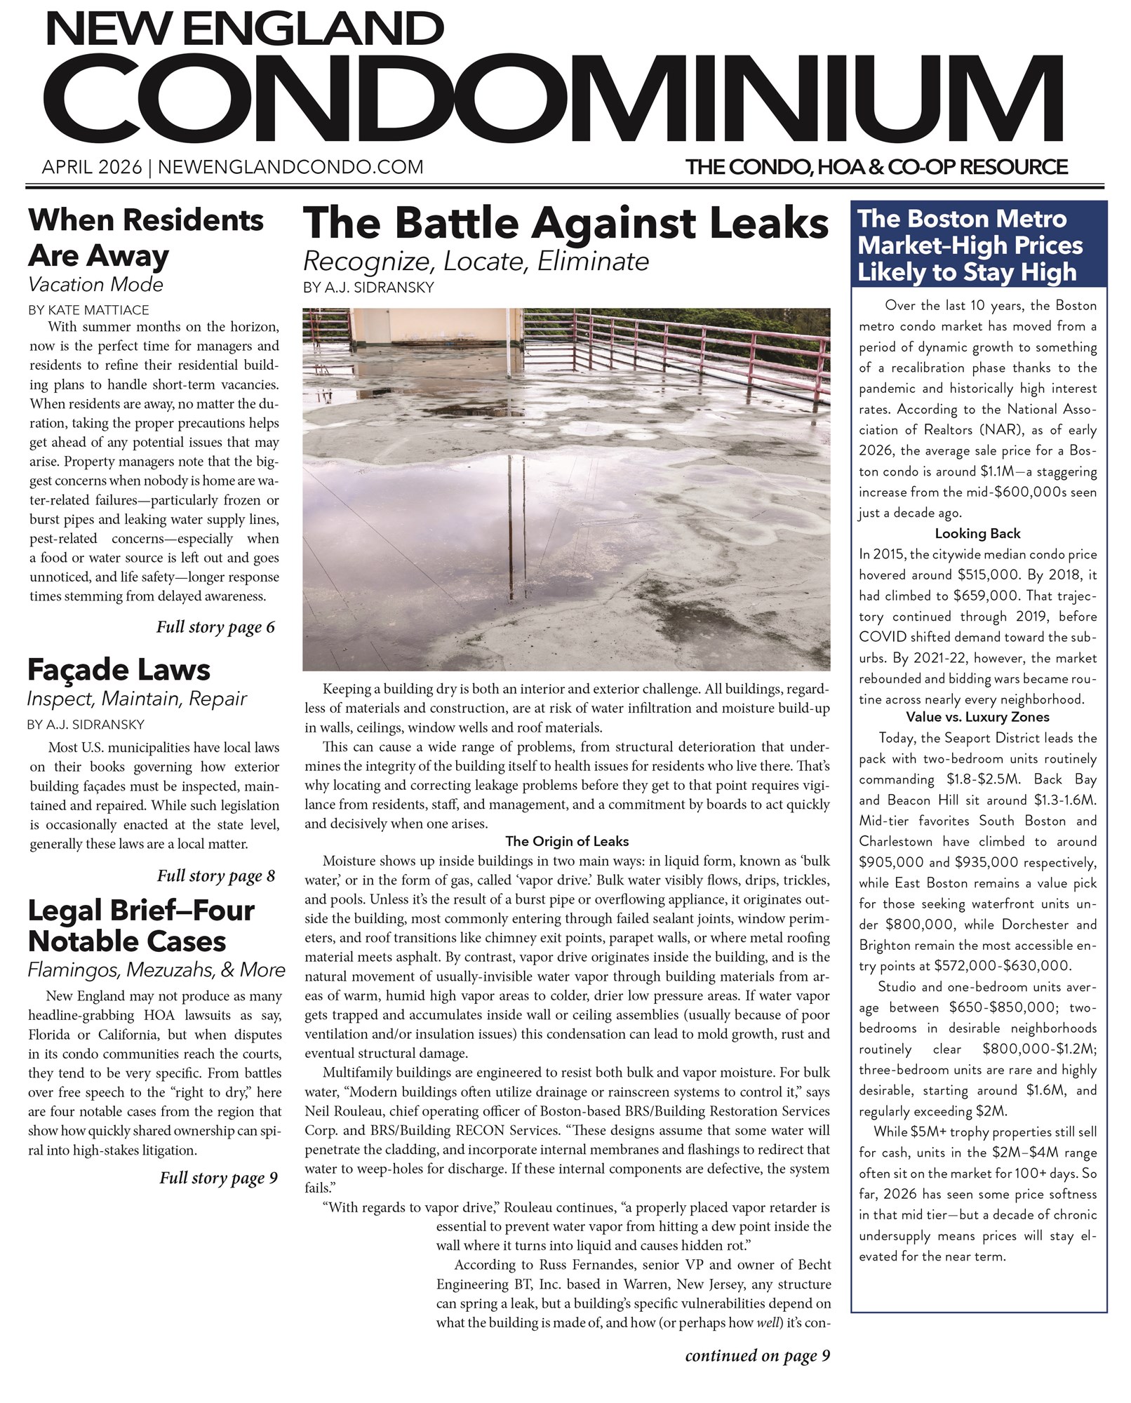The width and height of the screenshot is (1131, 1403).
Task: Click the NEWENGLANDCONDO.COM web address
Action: [x=290, y=168]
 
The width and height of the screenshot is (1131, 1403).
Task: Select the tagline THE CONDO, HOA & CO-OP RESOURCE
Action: [x=876, y=168]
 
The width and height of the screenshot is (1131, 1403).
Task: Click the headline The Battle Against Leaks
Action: [x=565, y=223]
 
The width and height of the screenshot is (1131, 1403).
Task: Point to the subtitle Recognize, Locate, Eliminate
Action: [x=476, y=262]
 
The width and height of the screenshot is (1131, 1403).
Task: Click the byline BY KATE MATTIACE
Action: [x=88, y=309]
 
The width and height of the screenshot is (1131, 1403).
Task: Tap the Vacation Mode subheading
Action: [x=95, y=285]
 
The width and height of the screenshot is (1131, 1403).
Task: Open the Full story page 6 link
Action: [x=215, y=626]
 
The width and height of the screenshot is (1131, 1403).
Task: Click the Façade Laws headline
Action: [x=119, y=670]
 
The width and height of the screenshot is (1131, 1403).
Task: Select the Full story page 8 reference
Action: [x=216, y=875]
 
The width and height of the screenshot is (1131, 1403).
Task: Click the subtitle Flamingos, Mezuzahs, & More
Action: [x=156, y=969]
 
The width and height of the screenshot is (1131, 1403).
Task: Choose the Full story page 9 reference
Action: [x=218, y=1177]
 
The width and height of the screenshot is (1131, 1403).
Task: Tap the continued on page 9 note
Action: [x=757, y=1356]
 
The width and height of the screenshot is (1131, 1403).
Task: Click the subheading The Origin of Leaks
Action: [x=566, y=841]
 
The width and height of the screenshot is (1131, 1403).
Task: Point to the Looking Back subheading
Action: [x=977, y=533]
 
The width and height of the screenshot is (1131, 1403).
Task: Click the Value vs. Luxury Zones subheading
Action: [x=977, y=717]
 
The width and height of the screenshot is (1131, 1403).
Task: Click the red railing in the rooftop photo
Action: [x=702, y=351]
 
